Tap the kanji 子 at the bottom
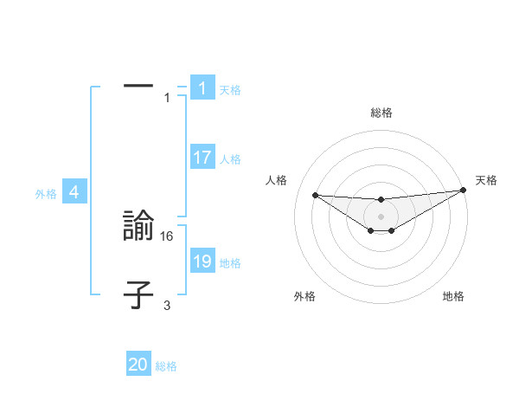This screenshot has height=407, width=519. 138,294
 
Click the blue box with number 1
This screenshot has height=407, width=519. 202,88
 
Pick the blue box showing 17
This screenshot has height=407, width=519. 202,158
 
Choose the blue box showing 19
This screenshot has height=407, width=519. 202,262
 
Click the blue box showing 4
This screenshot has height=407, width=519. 74,192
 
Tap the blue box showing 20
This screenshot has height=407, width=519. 138,365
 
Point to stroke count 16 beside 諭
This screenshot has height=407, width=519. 167,236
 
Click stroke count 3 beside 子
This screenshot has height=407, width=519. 167,305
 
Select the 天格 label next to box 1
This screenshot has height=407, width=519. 230,89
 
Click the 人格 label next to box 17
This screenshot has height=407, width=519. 230,159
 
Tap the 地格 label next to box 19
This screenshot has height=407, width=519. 230,263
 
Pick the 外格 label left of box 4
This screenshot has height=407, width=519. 46,194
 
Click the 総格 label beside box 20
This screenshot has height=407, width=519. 166,366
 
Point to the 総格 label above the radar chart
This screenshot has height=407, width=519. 381,113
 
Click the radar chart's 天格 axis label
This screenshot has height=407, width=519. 486,180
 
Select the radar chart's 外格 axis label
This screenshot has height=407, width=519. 304,296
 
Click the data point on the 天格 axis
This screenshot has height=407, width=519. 463,190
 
